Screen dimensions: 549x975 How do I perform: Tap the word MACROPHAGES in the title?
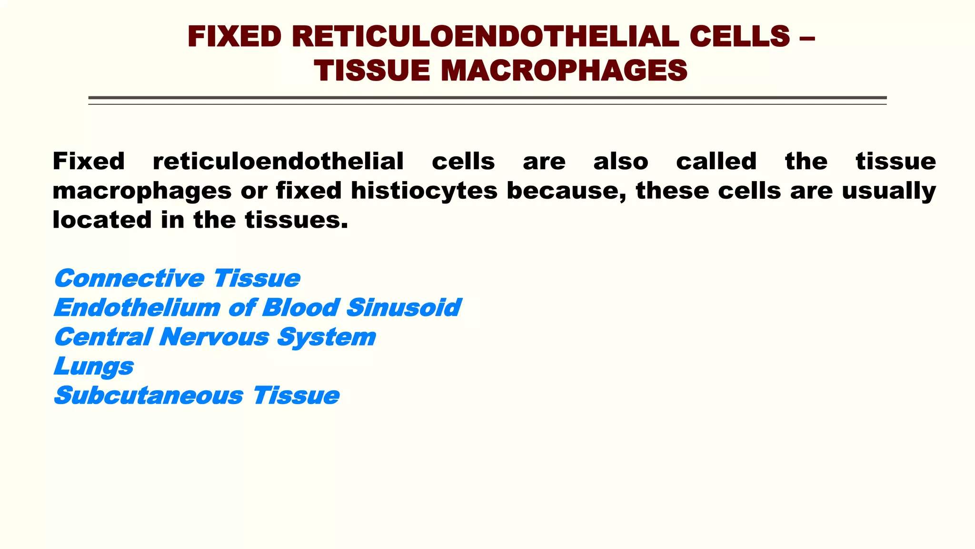[x=564, y=71]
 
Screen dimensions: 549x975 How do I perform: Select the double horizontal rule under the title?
[x=487, y=100]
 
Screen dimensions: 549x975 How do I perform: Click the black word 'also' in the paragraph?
[x=621, y=161]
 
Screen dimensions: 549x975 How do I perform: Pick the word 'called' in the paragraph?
[x=716, y=161]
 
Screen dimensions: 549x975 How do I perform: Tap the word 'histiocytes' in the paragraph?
[x=424, y=191]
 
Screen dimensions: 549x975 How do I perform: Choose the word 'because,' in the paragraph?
[x=567, y=191]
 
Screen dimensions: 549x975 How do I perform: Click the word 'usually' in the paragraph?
[x=889, y=191]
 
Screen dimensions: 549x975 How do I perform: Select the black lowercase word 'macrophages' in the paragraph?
[x=142, y=191]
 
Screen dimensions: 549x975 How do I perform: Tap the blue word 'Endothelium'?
[x=137, y=308]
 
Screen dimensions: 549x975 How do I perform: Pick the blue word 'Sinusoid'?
[x=404, y=308]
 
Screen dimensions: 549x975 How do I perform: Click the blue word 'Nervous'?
[x=214, y=337]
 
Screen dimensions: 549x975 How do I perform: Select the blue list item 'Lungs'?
[x=94, y=366]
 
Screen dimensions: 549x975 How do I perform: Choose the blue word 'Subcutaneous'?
[x=149, y=396]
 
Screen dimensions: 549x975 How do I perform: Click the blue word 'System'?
[x=327, y=337]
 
